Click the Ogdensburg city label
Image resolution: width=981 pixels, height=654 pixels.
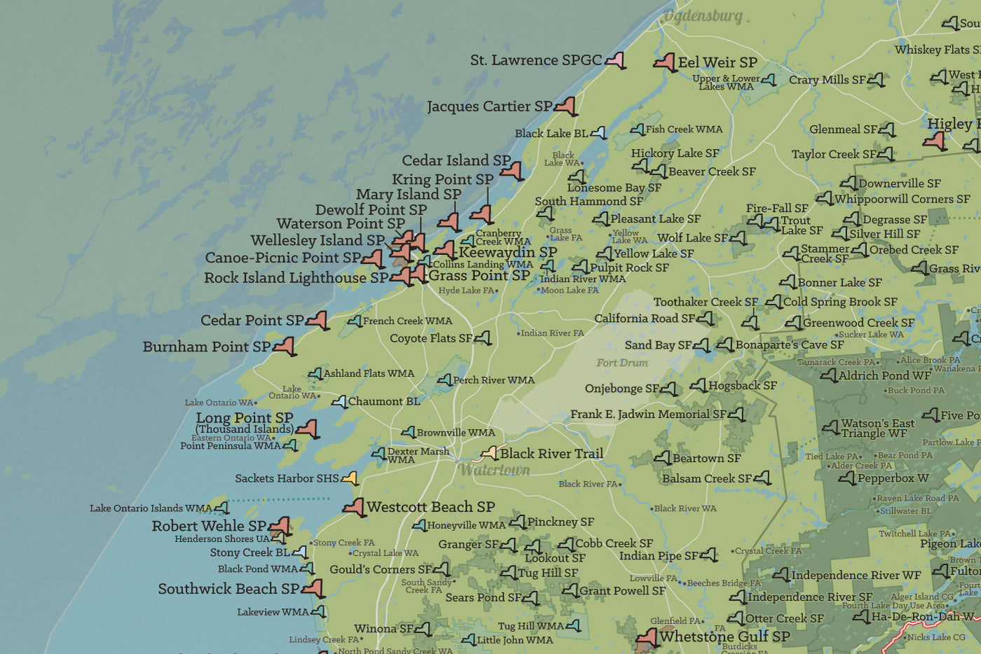702,16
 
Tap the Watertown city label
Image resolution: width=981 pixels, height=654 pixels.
494,470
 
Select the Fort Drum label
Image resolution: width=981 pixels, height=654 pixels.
622,363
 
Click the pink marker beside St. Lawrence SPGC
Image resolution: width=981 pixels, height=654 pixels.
615,60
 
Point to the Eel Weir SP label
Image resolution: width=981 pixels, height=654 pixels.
718,62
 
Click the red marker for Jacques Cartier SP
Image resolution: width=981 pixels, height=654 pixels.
566,106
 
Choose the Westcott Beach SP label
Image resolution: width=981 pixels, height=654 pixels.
430,506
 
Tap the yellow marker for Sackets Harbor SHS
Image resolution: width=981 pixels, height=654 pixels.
350,478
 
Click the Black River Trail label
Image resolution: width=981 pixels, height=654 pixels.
551,453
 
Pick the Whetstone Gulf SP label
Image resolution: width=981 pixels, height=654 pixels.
725,636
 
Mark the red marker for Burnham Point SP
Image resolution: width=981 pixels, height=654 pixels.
284,346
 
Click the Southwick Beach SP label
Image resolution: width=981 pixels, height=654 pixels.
228,589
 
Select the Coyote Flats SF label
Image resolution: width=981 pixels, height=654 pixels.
431,338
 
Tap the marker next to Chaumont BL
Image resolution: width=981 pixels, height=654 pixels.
339,402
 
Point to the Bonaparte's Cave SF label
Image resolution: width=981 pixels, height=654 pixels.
789,345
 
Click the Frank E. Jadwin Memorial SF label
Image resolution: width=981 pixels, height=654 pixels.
647,414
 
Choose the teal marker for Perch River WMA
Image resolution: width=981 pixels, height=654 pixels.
444,380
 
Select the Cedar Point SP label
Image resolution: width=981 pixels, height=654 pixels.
252,320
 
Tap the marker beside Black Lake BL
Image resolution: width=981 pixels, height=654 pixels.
598,133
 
